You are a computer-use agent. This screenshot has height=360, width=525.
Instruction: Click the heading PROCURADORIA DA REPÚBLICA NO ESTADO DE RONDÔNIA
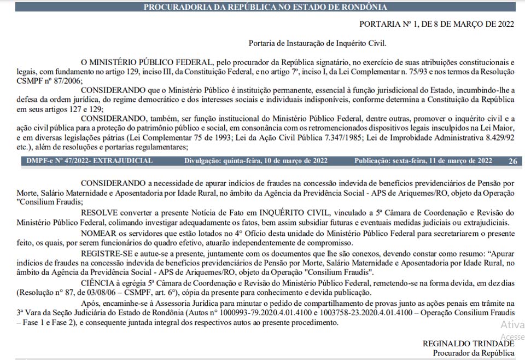point(265,7)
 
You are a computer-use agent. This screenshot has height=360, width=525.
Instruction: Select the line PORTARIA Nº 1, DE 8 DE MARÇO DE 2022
point(437,24)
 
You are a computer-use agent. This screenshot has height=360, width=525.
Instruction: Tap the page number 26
point(512,161)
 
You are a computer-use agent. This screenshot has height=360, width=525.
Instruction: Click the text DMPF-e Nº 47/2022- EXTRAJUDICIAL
point(90,161)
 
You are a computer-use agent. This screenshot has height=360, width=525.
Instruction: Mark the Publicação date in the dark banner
point(423,161)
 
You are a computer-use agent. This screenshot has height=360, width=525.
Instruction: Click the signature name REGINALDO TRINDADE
point(468,344)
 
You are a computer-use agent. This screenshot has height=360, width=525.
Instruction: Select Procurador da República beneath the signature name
point(474,353)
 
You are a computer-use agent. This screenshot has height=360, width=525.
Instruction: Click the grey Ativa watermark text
point(512,325)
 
